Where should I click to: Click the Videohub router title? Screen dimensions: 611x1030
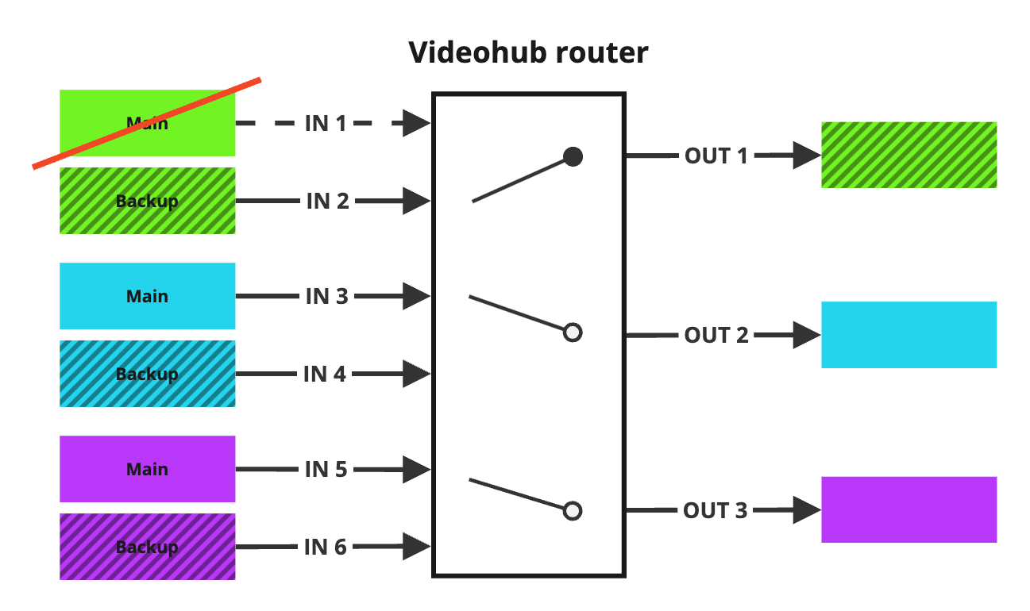(x=528, y=52)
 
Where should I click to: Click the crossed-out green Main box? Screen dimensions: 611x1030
(x=148, y=123)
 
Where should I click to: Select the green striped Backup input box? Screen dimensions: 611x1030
(x=148, y=201)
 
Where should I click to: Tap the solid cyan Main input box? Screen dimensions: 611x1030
(x=148, y=296)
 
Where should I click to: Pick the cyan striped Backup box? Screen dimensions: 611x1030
(x=148, y=374)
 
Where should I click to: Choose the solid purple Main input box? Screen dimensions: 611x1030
(x=148, y=469)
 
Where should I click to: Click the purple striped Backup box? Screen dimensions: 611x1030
(x=148, y=547)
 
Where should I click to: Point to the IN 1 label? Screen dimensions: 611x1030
(x=326, y=124)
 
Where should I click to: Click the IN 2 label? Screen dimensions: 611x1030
(x=327, y=202)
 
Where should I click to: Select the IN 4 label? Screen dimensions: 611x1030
(x=325, y=374)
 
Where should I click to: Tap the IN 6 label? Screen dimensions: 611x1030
(x=326, y=547)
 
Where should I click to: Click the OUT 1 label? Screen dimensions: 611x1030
(x=716, y=156)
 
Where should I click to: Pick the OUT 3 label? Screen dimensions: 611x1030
(x=716, y=510)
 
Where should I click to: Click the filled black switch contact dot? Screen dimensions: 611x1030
(x=573, y=157)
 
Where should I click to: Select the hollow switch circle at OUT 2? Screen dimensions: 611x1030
(x=573, y=332)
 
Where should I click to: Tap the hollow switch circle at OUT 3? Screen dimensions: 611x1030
(x=573, y=510)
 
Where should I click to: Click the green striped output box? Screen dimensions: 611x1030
(x=908, y=155)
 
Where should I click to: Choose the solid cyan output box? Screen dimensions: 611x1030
(x=908, y=335)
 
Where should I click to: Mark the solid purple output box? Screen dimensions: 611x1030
(x=908, y=509)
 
